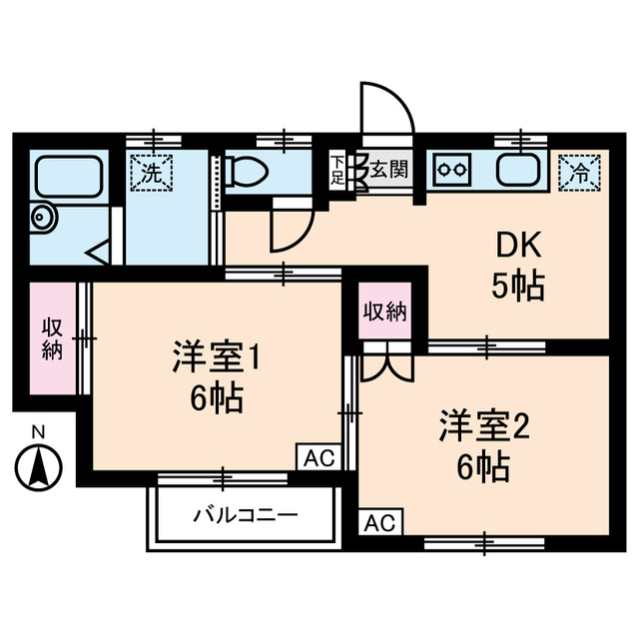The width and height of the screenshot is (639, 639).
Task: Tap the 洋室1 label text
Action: point(216,356)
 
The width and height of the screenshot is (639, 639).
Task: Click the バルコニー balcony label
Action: point(244,515)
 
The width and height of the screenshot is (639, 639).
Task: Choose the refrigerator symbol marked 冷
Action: point(579,169)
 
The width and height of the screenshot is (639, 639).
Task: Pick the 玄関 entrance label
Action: point(387,169)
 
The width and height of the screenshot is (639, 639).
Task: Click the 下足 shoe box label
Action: point(338,170)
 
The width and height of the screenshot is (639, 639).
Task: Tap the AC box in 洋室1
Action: point(319,457)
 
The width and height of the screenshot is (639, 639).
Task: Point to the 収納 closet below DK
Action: point(384,312)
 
